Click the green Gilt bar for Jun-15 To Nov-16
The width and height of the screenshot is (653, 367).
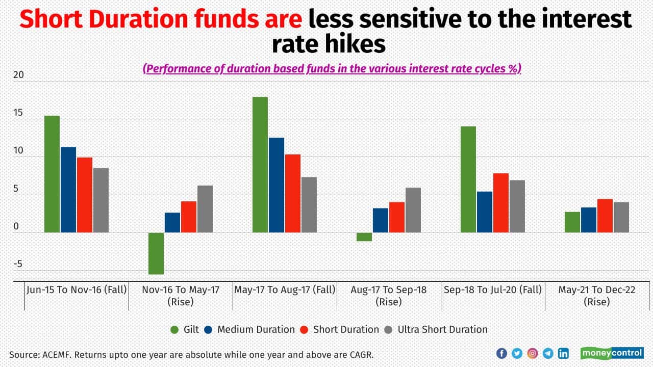pos(52,174)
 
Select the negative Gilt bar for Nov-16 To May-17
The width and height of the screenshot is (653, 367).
pos(156,253)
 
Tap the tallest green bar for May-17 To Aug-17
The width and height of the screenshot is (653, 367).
pos(260,165)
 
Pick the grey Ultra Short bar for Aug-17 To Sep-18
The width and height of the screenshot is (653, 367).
pos(413,210)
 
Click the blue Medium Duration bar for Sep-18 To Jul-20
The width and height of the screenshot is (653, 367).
pos(485,212)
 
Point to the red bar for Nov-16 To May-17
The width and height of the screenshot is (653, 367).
pos(189,217)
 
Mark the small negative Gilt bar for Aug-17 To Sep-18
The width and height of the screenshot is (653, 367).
pos(364,237)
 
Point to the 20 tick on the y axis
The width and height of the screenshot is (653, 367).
pos(18,75)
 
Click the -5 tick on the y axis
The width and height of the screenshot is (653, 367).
pos(18,264)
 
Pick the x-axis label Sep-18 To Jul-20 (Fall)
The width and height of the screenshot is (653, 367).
pos(493,290)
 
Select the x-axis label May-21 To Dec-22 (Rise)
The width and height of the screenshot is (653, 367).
pos(597,296)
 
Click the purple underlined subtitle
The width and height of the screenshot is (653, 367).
pos(332,69)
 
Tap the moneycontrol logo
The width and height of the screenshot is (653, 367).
pos(612,353)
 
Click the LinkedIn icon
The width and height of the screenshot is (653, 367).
pos(563,353)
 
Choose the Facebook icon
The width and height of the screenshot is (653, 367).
pos(501,353)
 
